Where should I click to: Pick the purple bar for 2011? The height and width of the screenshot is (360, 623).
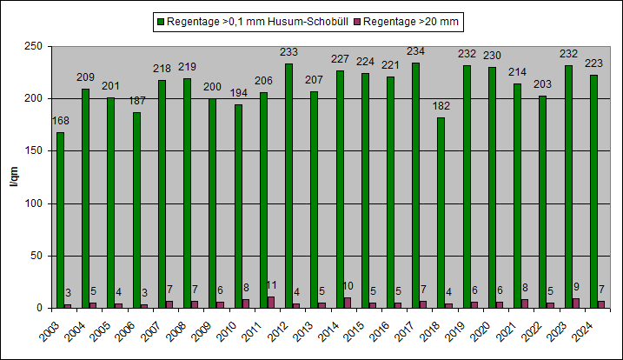click(271, 303)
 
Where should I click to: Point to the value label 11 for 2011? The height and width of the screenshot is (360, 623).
click(272, 285)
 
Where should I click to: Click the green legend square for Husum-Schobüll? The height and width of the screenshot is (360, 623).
click(161, 18)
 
